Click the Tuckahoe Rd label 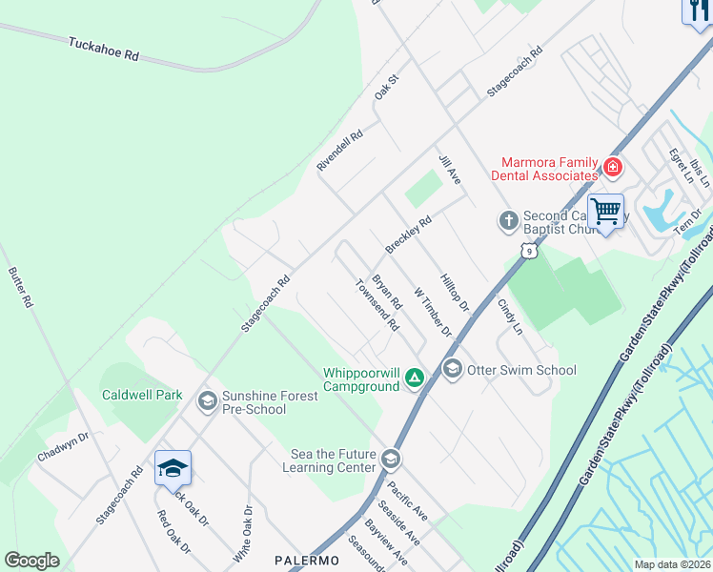104,50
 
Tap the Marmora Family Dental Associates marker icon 612,169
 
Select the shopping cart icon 605,211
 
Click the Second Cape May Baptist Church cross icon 508,221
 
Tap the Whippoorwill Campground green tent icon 415,378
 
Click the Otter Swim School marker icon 452,368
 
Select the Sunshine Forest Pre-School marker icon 206,401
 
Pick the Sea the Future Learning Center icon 389,460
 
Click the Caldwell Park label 142,395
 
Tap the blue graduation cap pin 173,467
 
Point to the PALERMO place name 307,560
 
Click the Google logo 31,561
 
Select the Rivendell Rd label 340,151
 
